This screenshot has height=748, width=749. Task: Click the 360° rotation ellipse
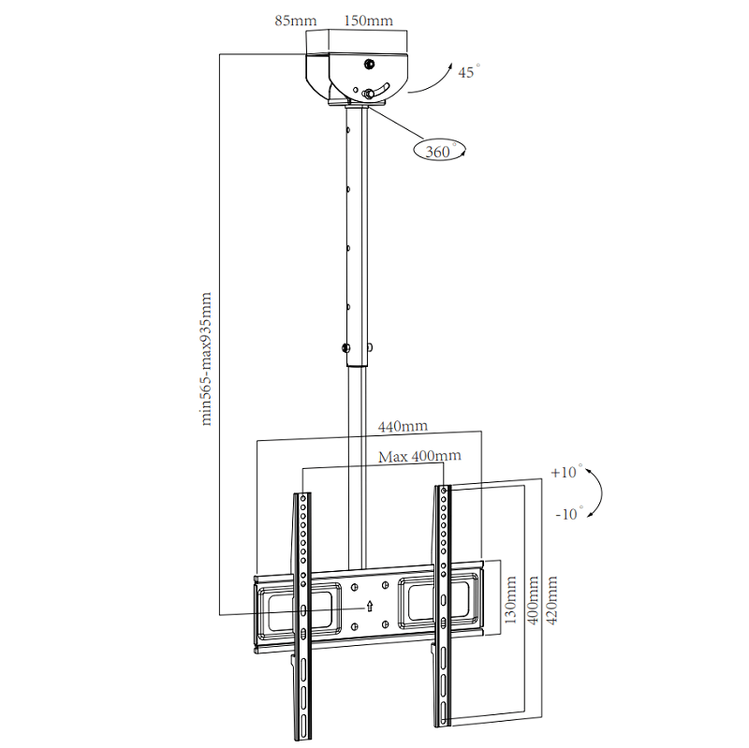tap(438, 150)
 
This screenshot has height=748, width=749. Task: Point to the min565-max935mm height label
tap(207, 359)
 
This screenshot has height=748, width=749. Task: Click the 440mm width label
tap(403, 426)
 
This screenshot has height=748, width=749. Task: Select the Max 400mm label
tap(419, 456)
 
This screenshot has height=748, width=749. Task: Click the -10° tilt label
tap(567, 514)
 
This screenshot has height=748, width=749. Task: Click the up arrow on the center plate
tap(370, 606)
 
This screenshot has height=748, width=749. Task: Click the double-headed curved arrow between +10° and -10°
tap(597, 493)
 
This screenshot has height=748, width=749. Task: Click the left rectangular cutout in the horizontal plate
tap(286, 606)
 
